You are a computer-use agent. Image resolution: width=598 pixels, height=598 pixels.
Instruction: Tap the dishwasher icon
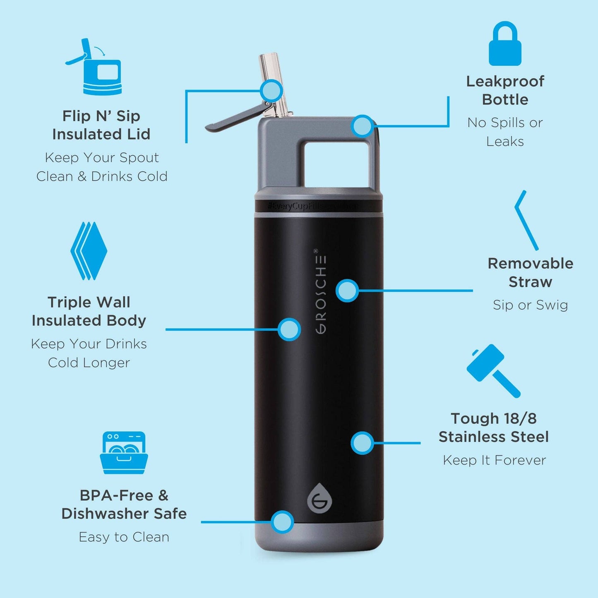[124, 453]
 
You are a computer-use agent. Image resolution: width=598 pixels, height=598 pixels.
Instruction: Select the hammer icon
[492, 370]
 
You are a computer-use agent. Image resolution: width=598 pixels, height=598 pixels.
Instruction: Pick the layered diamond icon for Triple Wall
[89, 251]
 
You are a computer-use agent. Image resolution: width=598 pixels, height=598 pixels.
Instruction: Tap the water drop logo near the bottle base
[319, 498]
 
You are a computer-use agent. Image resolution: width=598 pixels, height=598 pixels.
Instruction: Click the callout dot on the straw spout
[271, 90]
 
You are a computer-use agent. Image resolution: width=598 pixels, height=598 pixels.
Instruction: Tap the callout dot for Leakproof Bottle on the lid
[363, 126]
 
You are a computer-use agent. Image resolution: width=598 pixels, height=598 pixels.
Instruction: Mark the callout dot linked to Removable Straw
[347, 291]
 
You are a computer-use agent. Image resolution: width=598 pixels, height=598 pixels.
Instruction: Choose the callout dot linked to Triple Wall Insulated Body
[289, 329]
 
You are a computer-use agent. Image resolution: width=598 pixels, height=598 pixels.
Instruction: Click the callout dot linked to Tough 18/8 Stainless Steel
[362, 443]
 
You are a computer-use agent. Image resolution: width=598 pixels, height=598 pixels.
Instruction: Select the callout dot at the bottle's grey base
[283, 522]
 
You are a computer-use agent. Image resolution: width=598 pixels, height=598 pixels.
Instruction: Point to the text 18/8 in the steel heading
[520, 418]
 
